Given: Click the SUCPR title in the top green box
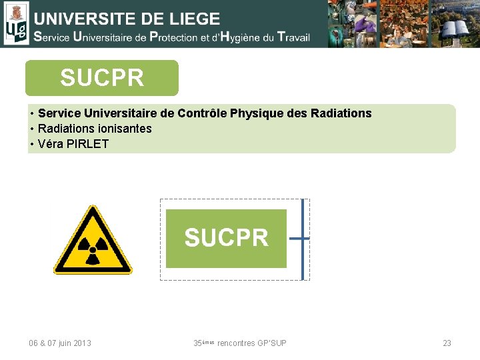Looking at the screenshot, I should click(102, 78).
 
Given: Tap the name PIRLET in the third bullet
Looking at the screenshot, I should click(87, 143).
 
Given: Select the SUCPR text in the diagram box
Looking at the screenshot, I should click(226, 238).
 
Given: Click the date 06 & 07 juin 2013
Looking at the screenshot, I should click(60, 343).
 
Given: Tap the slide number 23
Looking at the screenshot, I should click(447, 343).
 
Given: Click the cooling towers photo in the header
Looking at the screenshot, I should click(455, 23).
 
